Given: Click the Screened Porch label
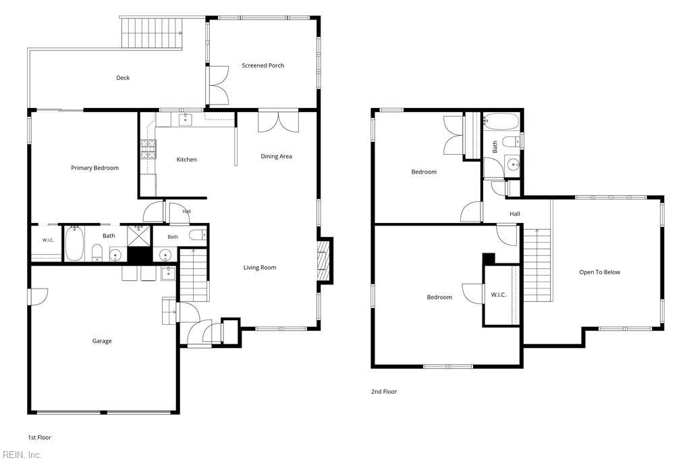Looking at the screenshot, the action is (x=262, y=66).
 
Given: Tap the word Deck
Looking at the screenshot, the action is (x=123, y=78).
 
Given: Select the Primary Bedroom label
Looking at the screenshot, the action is (x=94, y=168).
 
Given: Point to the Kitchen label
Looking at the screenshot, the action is (x=186, y=159).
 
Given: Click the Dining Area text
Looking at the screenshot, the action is (x=276, y=156).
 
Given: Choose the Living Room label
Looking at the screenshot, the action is (x=260, y=267).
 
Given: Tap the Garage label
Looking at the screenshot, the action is (x=102, y=341).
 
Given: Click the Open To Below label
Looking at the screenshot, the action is (x=600, y=272).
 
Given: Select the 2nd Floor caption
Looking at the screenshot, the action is (x=384, y=391).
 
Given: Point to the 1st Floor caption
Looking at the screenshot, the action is (x=40, y=438).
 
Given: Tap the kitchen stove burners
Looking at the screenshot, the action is (x=148, y=149).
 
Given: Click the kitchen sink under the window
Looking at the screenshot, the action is (x=186, y=119).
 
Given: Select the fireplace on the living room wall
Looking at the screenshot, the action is (x=325, y=261).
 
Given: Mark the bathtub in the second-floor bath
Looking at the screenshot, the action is (x=501, y=122).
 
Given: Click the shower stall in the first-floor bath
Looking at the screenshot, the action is (x=139, y=236).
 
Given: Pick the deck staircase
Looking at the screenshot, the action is (x=152, y=33).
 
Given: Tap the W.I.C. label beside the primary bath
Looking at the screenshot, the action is (x=48, y=240).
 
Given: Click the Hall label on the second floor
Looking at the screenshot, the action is (x=515, y=214).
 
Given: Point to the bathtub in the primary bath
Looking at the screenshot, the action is (x=74, y=243).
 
